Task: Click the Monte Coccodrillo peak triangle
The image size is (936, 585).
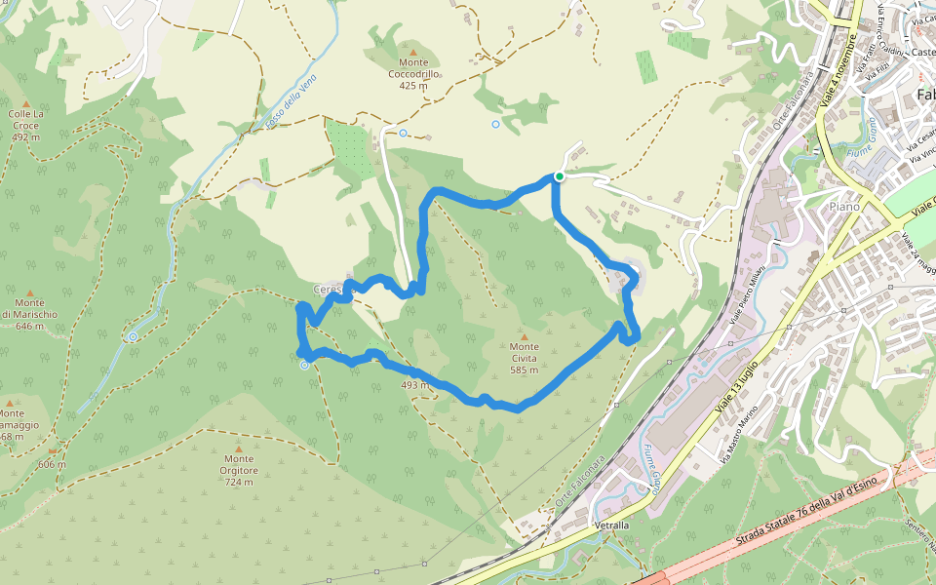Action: pos(413,53)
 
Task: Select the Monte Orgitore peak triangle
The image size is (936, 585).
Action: pos(239,448)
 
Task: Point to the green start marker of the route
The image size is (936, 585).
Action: pos(560,176)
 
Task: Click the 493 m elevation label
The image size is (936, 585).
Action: pos(414,385)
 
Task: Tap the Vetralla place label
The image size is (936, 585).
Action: pos(612,526)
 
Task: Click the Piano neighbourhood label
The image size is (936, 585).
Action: pos(844,207)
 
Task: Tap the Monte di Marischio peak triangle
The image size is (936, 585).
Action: pos(29,292)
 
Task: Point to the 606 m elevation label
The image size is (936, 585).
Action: pos(52,464)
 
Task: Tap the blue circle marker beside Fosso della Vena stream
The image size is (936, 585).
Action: pos(132,337)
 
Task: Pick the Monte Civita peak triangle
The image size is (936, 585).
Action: pos(524,335)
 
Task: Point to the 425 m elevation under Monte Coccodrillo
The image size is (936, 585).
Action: pos(413,86)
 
